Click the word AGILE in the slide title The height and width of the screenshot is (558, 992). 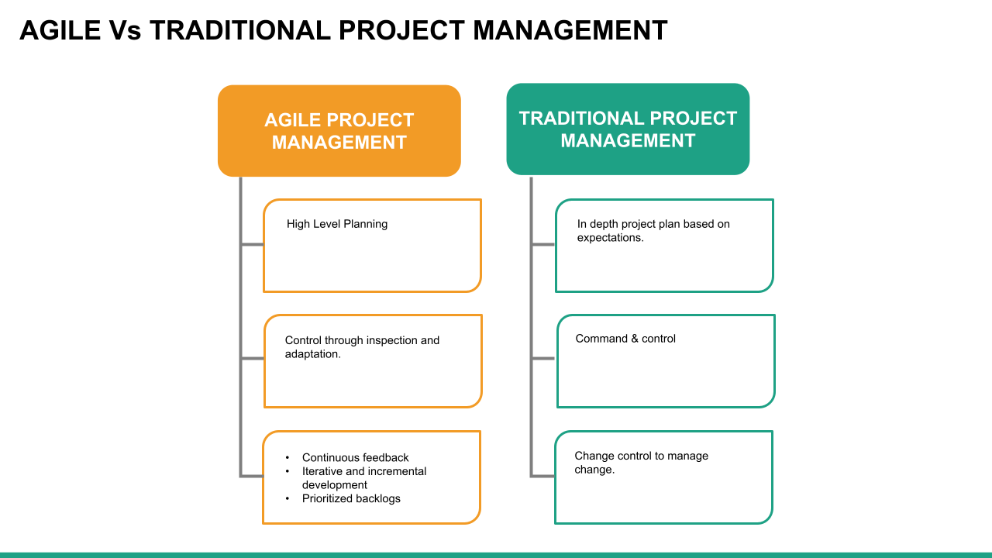click(x=60, y=30)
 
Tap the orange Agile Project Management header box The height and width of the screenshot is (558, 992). click(x=339, y=131)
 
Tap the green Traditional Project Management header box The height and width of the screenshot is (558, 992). click(x=628, y=129)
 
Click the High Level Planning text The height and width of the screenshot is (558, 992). click(x=336, y=224)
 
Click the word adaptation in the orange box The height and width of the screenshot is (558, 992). click(x=312, y=354)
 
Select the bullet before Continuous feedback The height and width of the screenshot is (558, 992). click(x=287, y=458)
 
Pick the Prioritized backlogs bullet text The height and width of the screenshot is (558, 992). click(x=351, y=498)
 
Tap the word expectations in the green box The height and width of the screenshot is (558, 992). click(x=609, y=238)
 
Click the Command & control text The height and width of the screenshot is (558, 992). click(x=625, y=339)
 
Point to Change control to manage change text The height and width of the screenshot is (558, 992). click(x=641, y=463)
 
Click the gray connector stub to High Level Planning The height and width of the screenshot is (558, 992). click(x=252, y=245)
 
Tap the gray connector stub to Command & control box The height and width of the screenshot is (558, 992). click(x=543, y=358)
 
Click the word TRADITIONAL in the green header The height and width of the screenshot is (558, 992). click(x=581, y=119)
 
